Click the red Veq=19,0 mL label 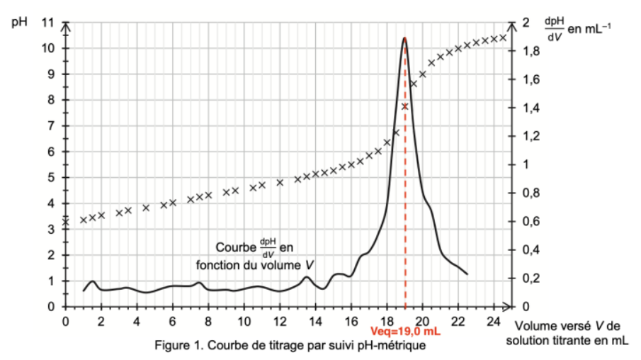click(405, 330)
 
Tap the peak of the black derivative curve click(404, 38)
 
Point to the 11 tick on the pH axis click(48, 23)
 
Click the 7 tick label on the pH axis click(49, 126)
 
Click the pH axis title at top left click(20, 21)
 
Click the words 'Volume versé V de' click(567, 326)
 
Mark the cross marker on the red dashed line click(405, 106)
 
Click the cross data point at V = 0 click(66, 222)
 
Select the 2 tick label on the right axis click(525, 23)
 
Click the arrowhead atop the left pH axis click(66, 26)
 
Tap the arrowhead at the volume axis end click(507, 307)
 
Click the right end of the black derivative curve click(467, 274)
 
